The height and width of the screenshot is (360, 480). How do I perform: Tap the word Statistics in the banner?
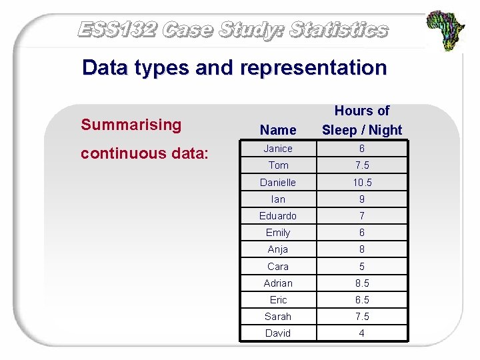coord(339,30)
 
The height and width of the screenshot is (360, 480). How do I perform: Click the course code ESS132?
coord(117,30)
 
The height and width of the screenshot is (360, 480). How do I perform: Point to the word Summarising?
coord(131,125)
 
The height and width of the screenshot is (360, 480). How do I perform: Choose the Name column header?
coord(278,130)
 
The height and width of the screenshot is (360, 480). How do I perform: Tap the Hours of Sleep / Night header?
coord(362,121)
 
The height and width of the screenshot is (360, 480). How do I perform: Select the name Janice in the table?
coord(278,149)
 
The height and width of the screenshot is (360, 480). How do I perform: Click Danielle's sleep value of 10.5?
coord(362,183)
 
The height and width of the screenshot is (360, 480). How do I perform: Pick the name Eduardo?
coord(278,216)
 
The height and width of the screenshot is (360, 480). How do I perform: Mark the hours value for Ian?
coord(362,199)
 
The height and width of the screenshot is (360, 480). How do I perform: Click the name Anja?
coord(278,249)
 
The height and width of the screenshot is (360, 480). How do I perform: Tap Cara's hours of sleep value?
coord(362,267)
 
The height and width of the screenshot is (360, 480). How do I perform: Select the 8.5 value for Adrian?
coord(362,283)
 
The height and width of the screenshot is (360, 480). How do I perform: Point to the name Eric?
coord(278,300)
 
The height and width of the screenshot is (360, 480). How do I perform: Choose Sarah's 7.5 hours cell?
coord(362,317)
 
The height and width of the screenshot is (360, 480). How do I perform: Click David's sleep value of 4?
coord(362,333)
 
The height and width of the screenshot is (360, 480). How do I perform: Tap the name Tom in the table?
coord(278,165)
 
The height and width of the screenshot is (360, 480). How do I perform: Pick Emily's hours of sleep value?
coord(362,233)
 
